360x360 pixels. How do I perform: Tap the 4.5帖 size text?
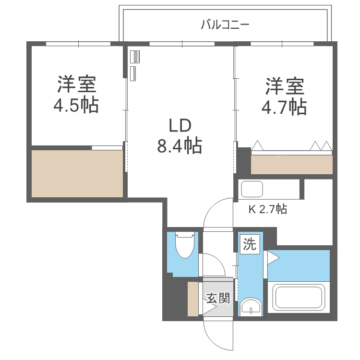pos(76,105)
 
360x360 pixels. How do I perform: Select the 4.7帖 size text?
pos(284,107)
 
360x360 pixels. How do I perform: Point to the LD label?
pos(180,126)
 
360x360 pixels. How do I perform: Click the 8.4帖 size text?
pos(180,144)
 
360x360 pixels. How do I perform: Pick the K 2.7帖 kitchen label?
pos(267,209)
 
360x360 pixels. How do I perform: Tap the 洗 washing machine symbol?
pos(249,244)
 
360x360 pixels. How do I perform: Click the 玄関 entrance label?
pos(218,298)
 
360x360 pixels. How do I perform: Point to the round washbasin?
pos(250,306)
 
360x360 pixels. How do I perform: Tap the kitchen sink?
pos(252,189)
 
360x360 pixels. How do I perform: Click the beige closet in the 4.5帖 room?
pos(77,173)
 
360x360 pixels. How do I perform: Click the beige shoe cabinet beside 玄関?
pos(193,299)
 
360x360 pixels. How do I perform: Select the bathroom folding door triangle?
pos(273,258)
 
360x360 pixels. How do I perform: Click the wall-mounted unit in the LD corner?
pos(134,65)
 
